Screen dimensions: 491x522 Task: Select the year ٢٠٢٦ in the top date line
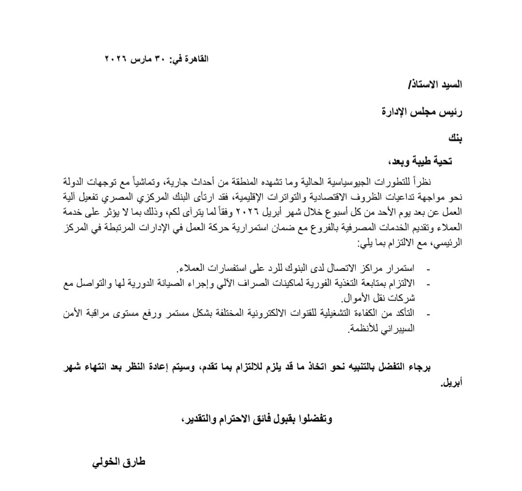(x=115, y=59)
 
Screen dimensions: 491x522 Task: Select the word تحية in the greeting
(x=441, y=161)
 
